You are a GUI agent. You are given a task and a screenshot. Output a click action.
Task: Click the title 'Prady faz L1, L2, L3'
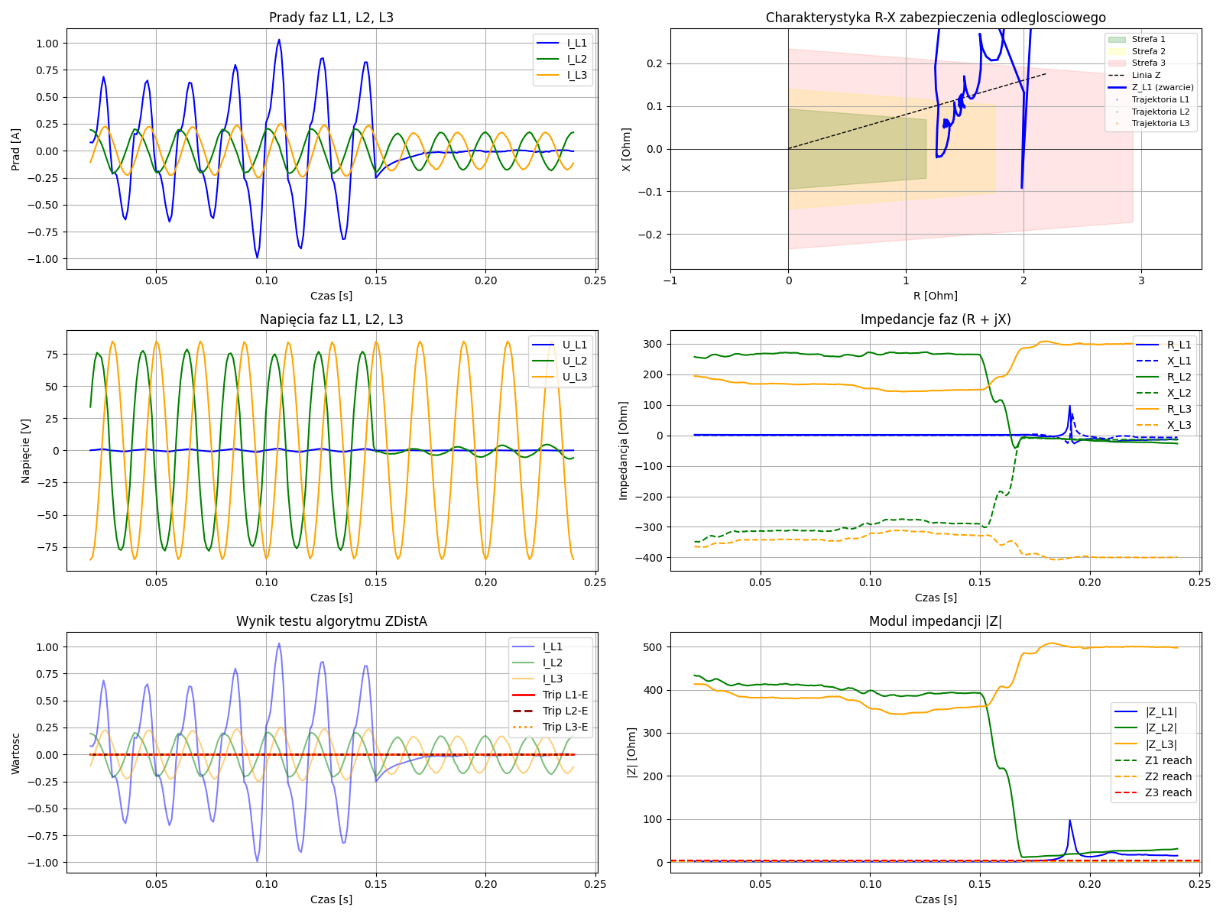pyautogui.click(x=331, y=18)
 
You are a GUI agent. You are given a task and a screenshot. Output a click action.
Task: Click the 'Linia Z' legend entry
pyautogui.click(x=1146, y=75)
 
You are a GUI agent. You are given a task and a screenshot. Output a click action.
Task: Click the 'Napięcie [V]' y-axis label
pyautogui.click(x=25, y=450)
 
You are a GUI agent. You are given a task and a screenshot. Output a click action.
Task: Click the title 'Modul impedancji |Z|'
pyautogui.click(x=935, y=621)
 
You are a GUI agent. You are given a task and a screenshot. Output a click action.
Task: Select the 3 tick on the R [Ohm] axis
pyautogui.click(x=1141, y=280)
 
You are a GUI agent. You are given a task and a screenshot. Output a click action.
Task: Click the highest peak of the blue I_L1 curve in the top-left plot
pyautogui.click(x=279, y=40)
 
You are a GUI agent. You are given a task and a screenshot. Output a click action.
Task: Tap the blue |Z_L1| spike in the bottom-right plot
pyautogui.click(x=1069, y=821)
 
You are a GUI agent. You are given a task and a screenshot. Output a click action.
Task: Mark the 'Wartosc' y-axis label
pyautogui.click(x=16, y=752)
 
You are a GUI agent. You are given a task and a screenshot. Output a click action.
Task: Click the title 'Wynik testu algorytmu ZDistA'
pyautogui.click(x=331, y=621)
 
